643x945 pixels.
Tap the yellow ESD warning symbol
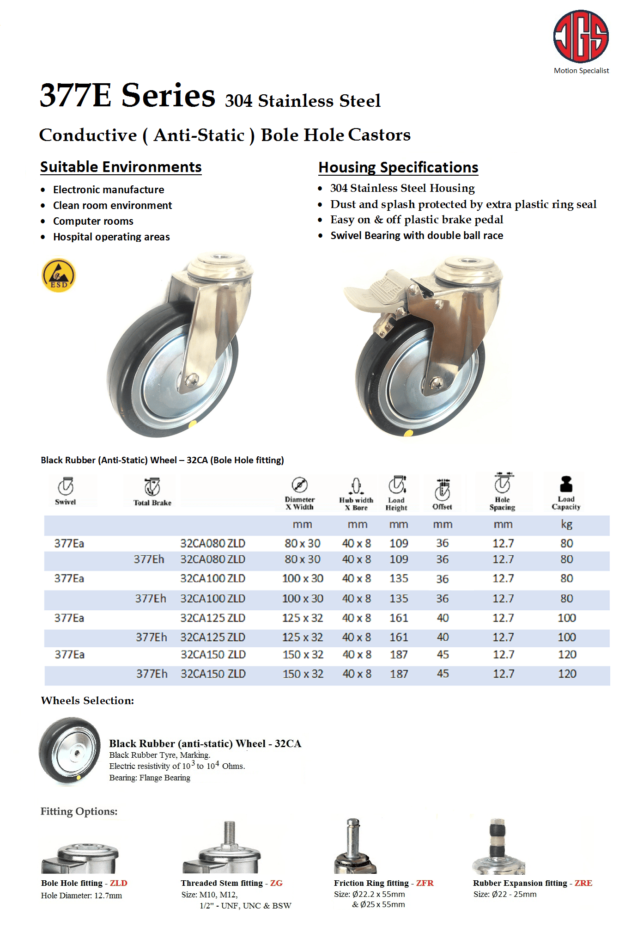pos(59,276)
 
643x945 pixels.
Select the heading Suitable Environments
pos(121,167)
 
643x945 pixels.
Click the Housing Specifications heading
pos(398,167)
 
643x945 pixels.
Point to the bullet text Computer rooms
pos(93,221)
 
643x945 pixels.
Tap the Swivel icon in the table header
pos(66,486)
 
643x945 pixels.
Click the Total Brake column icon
pos(152,487)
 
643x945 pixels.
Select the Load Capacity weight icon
pos(566,485)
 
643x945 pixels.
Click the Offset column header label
pos(442,507)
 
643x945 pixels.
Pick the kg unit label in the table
pos(566,524)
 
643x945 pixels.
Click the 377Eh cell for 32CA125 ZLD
pos(151,638)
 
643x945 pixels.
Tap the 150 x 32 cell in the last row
pos(303,674)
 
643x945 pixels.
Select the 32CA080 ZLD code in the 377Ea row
pos(212,543)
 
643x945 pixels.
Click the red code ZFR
pos(425,883)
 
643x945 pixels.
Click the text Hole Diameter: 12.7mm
pos(81,896)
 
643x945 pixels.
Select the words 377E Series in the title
pos(127,95)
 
